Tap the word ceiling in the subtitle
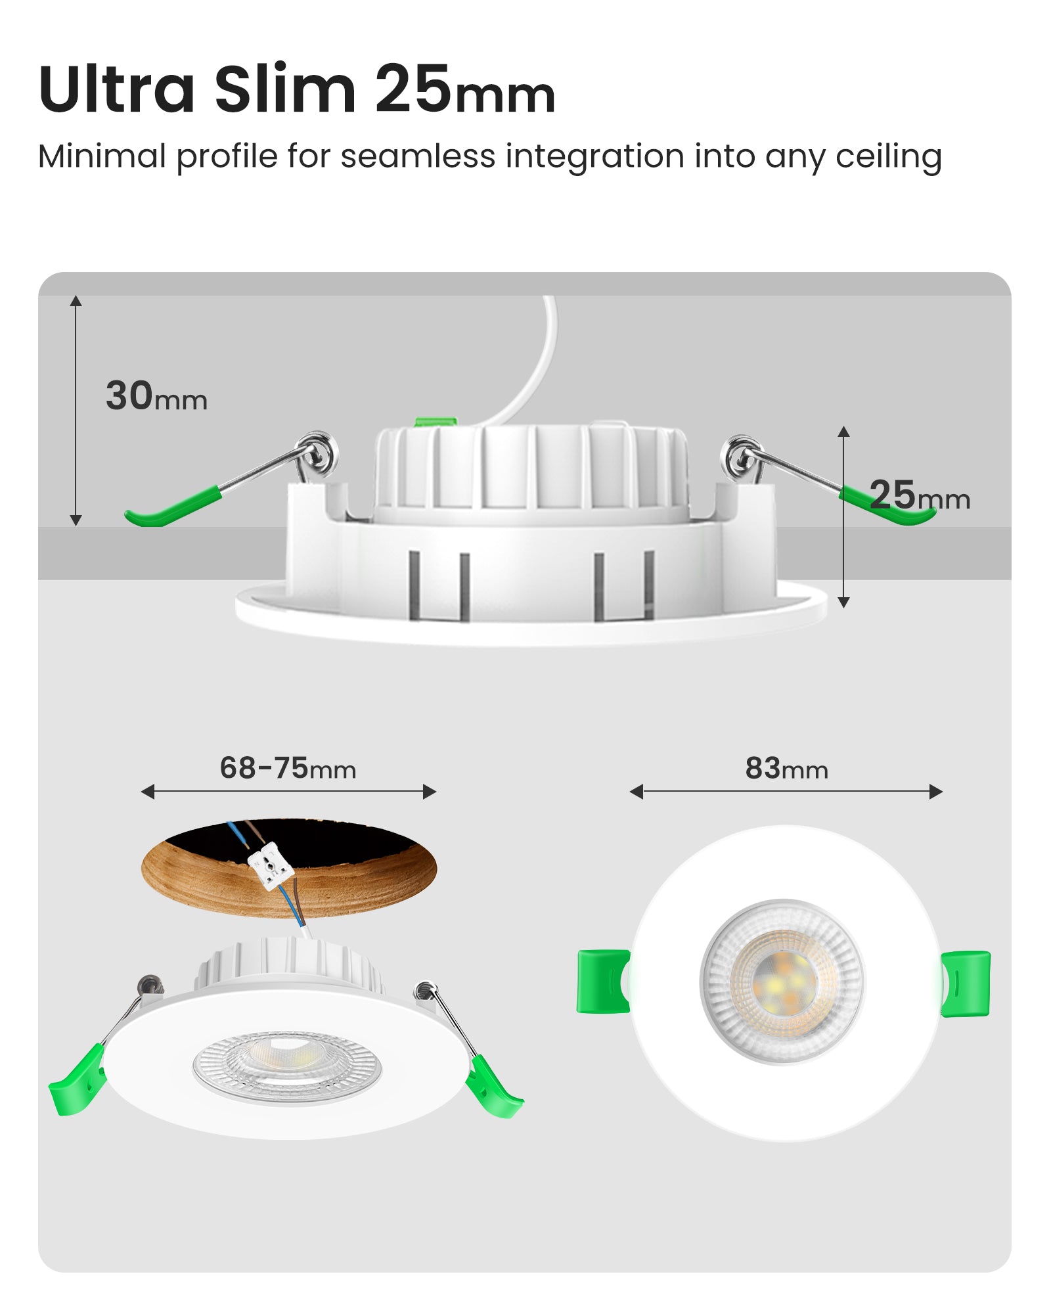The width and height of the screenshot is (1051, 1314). [x=888, y=158]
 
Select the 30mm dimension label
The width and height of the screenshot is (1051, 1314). [x=156, y=396]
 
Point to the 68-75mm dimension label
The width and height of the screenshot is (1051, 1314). [x=288, y=768]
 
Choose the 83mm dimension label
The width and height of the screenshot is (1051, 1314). [x=786, y=768]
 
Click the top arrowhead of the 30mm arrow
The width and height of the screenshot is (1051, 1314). [x=76, y=301]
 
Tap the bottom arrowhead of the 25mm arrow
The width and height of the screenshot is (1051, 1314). [x=844, y=602]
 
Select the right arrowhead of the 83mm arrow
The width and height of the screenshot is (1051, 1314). [x=936, y=792]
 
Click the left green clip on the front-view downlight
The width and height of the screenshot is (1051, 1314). [x=602, y=981]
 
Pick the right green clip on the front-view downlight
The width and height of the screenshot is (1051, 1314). [x=966, y=983]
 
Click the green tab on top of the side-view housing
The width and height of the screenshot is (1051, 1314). [x=436, y=422]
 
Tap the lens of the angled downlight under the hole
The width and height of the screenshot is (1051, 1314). [x=286, y=1066]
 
